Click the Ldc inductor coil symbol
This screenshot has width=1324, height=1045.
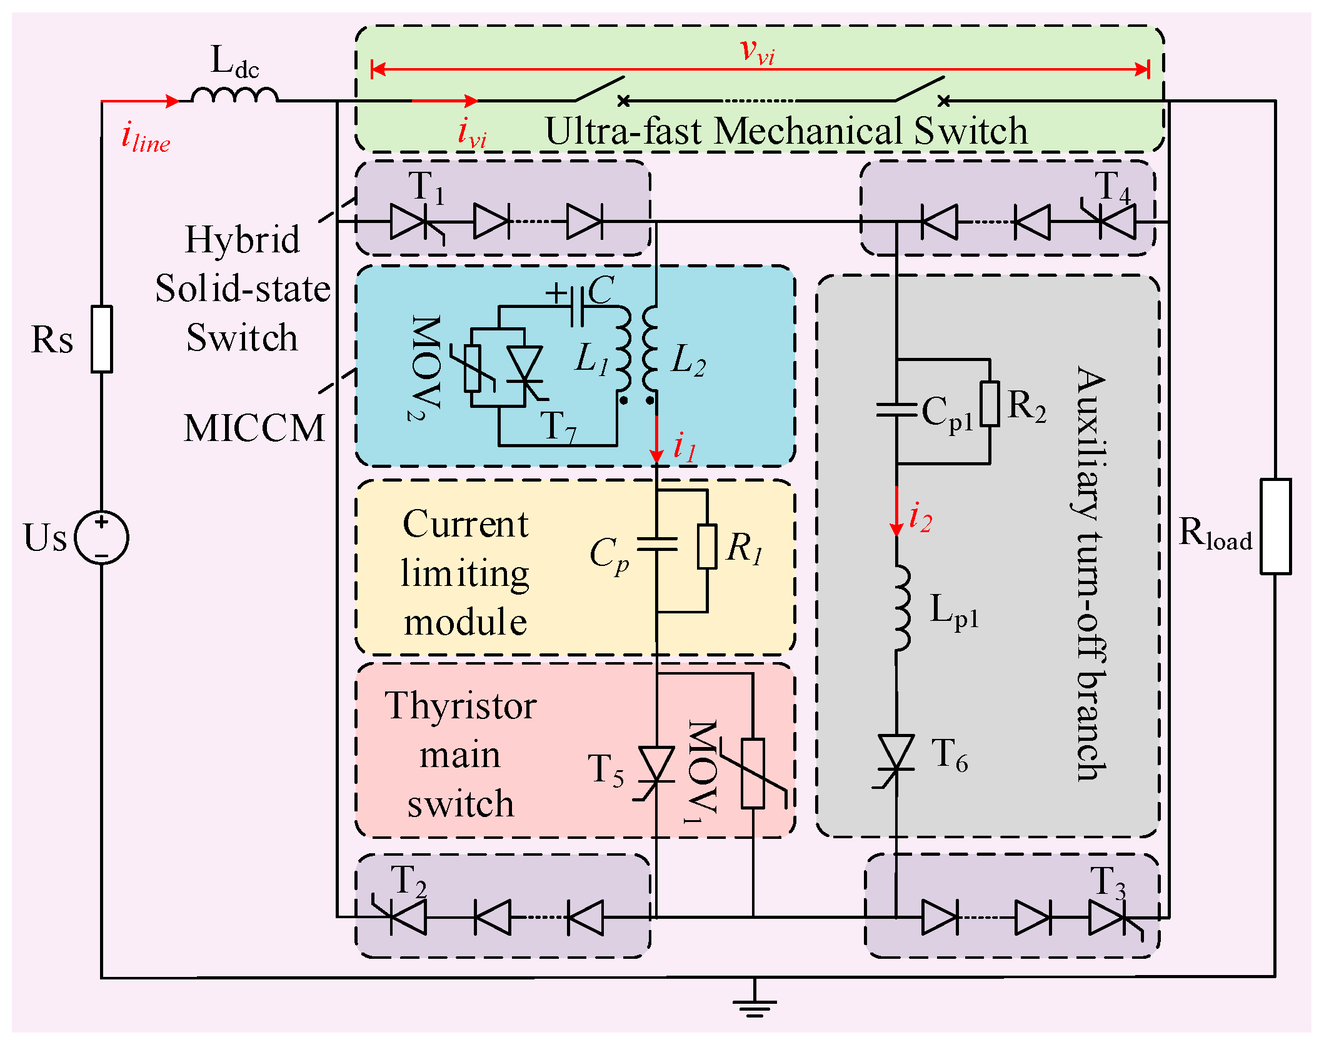pyautogui.click(x=234, y=95)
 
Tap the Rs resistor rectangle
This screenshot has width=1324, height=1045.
pyautogui.click(x=102, y=339)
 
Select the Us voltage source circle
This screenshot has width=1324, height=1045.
pyautogui.click(x=102, y=537)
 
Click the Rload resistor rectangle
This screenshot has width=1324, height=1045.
pyautogui.click(x=1275, y=526)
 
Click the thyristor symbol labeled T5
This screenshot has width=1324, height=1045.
pyautogui.click(x=656, y=766)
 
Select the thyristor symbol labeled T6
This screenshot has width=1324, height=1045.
pyautogui.click(x=896, y=754)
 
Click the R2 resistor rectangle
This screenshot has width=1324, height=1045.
pyautogui.click(x=990, y=404)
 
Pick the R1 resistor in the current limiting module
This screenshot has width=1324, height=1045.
pyautogui.click(x=707, y=547)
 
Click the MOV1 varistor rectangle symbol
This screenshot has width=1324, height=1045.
pyautogui.click(x=753, y=773)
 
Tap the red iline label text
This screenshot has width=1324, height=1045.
pyautogui.click(x=146, y=139)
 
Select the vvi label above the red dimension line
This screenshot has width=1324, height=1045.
pyautogui.click(x=757, y=51)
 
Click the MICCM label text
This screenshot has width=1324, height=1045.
pyautogui.click(x=254, y=428)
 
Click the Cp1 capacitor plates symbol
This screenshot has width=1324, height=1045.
pyautogui.click(x=896, y=410)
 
